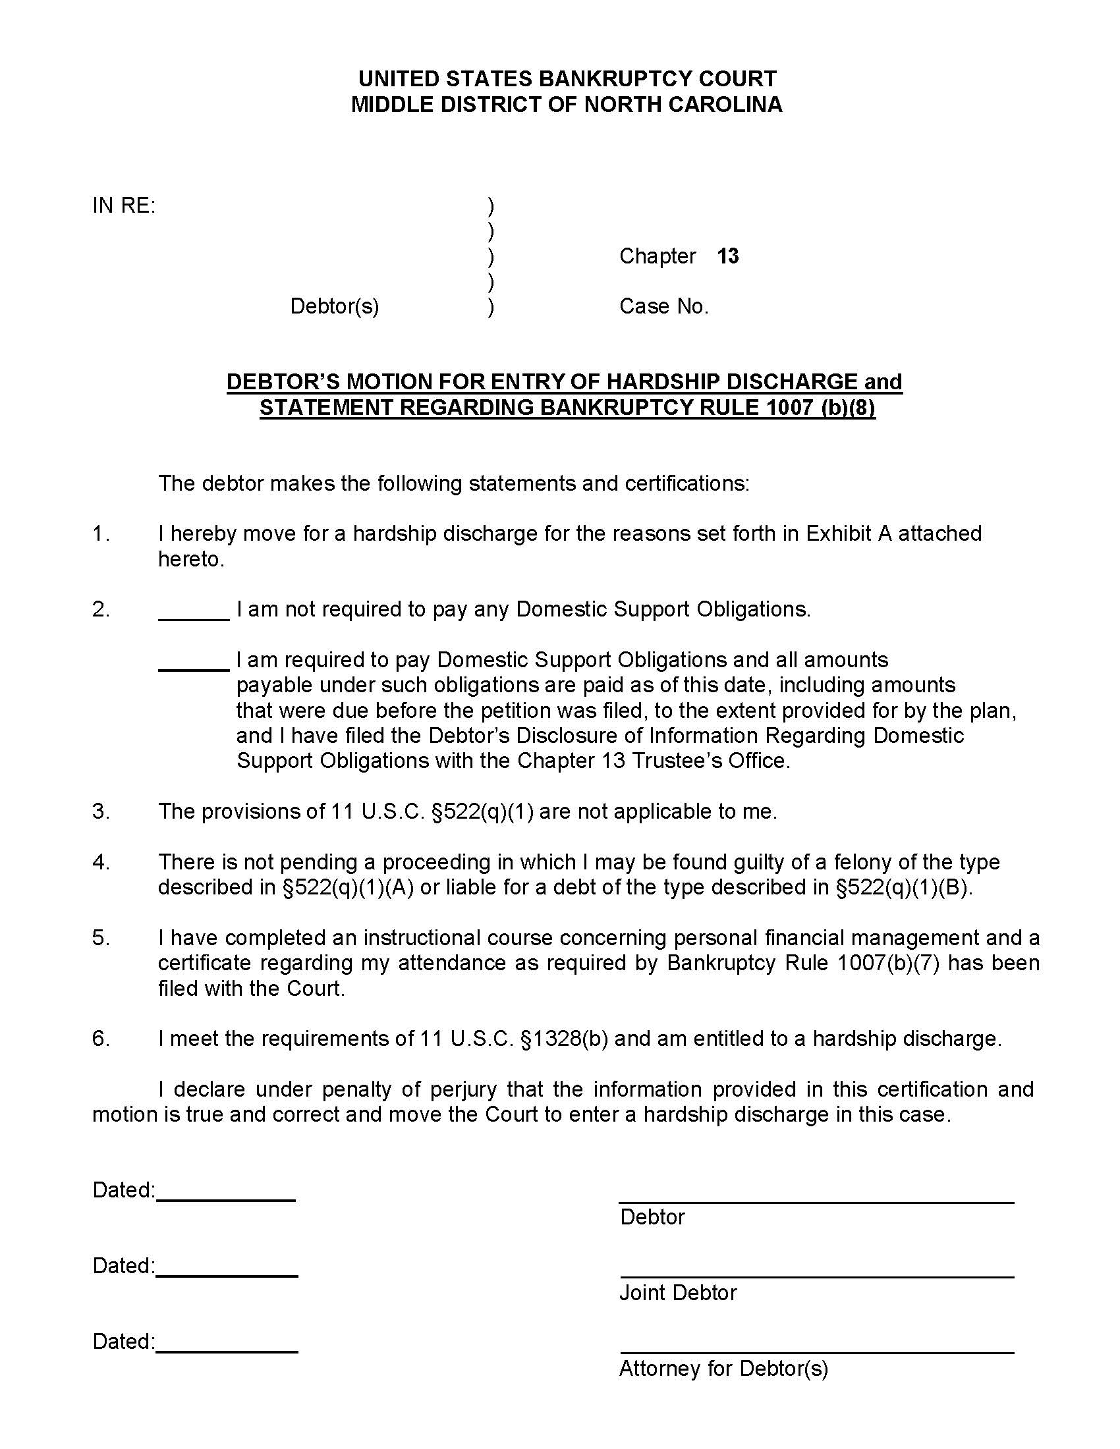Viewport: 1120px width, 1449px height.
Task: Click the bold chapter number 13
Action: pos(727,256)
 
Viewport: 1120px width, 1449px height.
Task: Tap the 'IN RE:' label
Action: pos(124,205)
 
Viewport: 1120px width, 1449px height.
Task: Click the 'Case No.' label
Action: pos(663,306)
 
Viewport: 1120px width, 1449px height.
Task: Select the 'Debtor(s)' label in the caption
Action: pos(335,306)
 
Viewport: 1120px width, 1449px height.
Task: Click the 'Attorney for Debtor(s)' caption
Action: pos(723,1368)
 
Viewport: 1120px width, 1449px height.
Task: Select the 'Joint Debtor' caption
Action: pos(677,1292)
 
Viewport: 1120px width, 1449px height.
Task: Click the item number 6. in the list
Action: pos(101,1038)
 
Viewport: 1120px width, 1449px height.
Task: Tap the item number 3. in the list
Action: pos(101,811)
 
